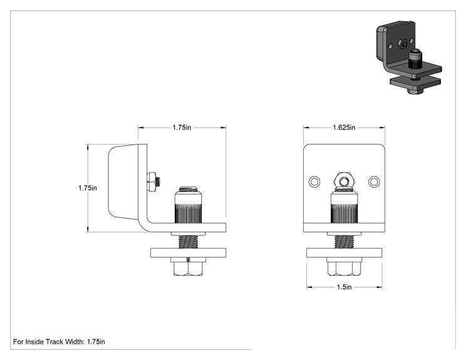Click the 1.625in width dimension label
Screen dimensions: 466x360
(344, 128)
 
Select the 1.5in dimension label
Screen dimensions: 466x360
(344, 287)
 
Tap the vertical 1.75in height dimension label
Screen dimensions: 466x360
(88, 188)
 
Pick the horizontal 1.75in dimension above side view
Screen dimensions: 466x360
(182, 128)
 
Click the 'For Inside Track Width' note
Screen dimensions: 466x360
(59, 342)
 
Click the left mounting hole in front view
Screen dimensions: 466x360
(314, 182)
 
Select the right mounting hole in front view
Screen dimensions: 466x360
(374, 182)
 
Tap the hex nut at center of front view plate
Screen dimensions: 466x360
(344, 181)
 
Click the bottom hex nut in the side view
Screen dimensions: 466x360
(188, 267)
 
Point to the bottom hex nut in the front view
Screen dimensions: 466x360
(344, 267)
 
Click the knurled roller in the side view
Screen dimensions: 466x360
(188, 205)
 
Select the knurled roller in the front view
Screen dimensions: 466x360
(344, 207)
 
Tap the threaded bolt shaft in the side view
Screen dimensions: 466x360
(188, 242)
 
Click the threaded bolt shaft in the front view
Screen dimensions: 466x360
(344, 242)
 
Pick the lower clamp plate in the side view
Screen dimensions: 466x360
(188, 253)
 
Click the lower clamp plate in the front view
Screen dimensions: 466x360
(344, 253)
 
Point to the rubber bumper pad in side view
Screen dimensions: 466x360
(123, 182)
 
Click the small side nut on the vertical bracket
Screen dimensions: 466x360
(152, 181)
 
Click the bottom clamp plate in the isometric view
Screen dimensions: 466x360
(415, 82)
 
